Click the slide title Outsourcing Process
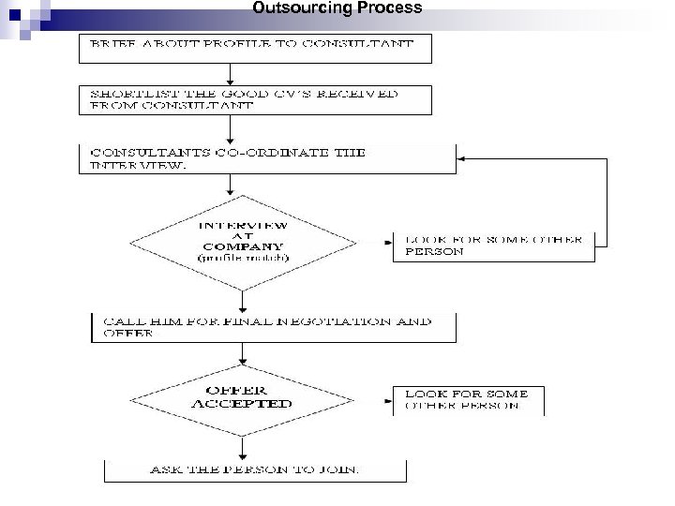pyautogui.click(x=337, y=8)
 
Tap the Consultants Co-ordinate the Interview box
pyautogui.click(x=267, y=157)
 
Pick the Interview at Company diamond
pyautogui.click(x=243, y=242)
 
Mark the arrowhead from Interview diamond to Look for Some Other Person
pyautogui.click(x=388, y=242)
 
